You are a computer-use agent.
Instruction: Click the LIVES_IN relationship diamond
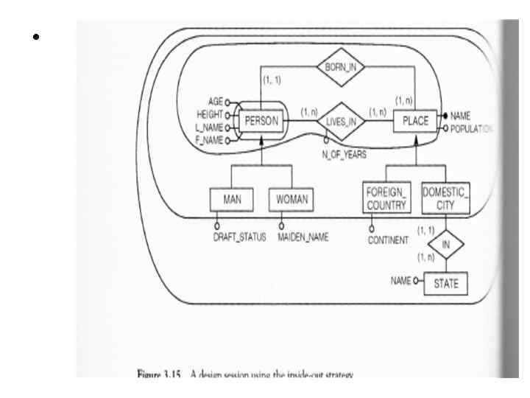(x=344, y=122)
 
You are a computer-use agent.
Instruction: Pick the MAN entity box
(x=232, y=199)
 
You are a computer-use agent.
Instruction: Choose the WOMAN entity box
(x=291, y=199)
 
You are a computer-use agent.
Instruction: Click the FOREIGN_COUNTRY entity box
(x=386, y=199)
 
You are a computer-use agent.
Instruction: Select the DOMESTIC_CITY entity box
(x=445, y=199)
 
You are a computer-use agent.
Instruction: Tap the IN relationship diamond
(x=445, y=243)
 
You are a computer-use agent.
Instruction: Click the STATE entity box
(x=445, y=282)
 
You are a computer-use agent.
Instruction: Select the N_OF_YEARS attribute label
(x=344, y=156)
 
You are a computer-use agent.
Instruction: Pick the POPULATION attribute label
(x=471, y=128)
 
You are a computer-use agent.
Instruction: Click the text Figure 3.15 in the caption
(x=159, y=375)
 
